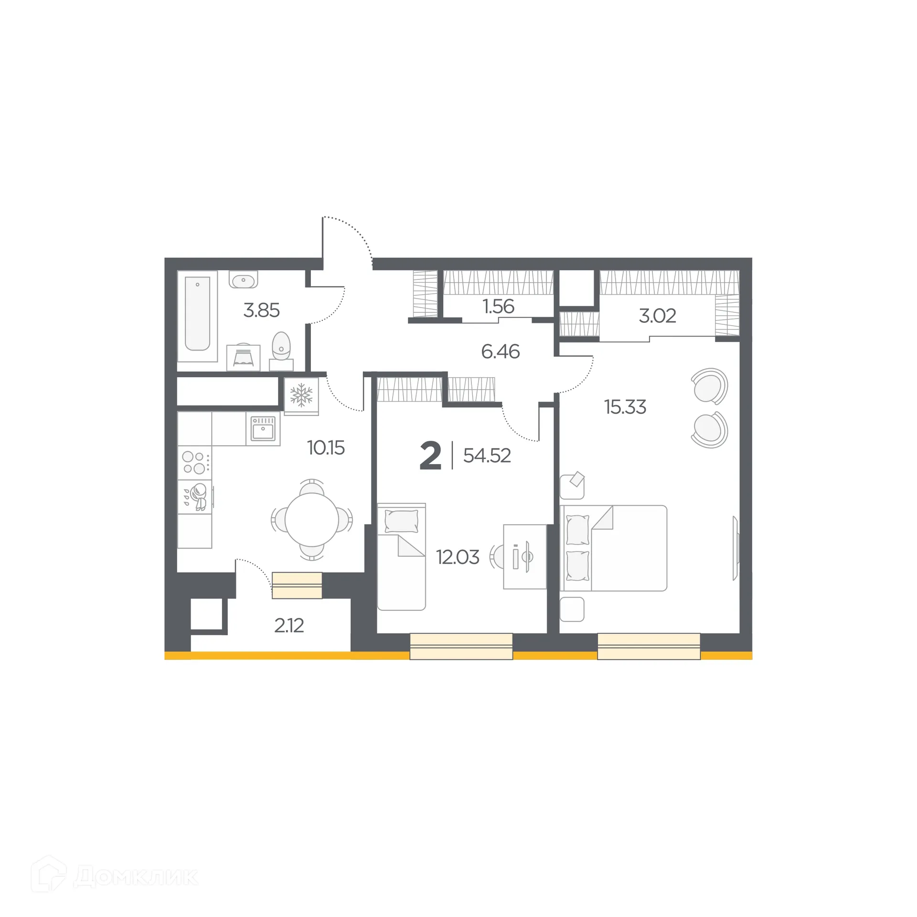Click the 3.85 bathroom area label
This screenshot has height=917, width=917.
(x=261, y=310)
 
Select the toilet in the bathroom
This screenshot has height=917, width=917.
(x=281, y=346)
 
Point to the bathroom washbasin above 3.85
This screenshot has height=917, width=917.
(x=243, y=280)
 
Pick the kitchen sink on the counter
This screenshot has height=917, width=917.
(x=263, y=428)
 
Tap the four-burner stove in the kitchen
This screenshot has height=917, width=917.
(x=194, y=462)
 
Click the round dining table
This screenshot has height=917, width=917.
(x=312, y=520)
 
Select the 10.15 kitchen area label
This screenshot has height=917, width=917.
(x=326, y=448)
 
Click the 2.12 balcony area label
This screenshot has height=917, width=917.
(x=289, y=626)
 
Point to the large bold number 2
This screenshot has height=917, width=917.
(x=430, y=457)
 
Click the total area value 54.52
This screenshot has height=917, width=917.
(x=487, y=456)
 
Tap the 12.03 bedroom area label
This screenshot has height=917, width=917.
(x=458, y=557)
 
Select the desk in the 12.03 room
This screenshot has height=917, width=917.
(x=525, y=557)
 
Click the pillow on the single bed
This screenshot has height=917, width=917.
(x=401, y=520)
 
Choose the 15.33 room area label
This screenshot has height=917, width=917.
(x=625, y=407)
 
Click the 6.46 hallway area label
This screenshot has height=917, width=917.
(x=500, y=352)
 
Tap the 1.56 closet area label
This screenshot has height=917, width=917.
(x=499, y=307)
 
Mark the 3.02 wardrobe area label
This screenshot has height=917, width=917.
(x=657, y=316)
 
